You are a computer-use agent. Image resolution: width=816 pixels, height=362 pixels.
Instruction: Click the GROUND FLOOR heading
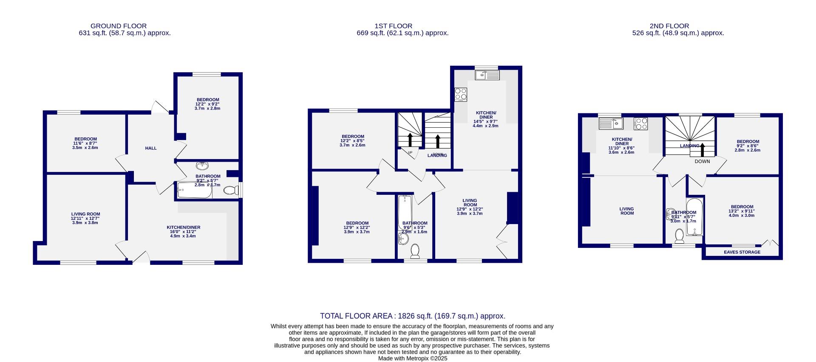(119, 26)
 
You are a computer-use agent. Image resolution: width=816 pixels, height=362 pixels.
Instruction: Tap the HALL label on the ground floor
(151, 148)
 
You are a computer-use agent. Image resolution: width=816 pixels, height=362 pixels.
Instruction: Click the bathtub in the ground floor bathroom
(195, 191)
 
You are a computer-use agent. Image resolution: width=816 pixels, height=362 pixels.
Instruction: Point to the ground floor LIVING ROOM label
(85, 214)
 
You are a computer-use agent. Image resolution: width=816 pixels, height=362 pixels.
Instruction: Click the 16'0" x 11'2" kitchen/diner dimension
(183, 232)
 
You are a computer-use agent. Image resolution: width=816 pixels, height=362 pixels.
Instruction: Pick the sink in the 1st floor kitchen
(487, 75)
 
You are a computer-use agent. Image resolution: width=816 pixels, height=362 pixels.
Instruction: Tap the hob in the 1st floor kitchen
(461, 94)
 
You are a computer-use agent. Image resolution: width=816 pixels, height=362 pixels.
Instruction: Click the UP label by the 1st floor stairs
(410, 153)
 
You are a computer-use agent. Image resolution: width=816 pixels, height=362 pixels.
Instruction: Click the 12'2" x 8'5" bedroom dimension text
(352, 141)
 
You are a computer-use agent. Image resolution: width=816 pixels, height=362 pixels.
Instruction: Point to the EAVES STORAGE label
(742, 252)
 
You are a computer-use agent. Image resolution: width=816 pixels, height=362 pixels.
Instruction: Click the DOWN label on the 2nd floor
(702, 161)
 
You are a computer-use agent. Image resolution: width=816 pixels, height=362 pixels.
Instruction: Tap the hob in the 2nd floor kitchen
(641, 123)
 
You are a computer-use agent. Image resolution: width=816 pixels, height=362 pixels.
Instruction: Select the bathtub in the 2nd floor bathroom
(694, 216)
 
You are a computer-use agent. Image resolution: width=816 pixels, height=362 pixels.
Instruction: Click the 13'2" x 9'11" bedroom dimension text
(742, 211)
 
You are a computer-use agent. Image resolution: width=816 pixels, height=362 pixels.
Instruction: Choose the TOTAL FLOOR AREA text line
(412, 316)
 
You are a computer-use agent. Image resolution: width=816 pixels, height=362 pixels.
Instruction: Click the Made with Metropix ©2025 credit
(413, 358)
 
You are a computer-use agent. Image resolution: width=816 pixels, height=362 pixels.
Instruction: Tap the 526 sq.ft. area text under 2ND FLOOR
(678, 33)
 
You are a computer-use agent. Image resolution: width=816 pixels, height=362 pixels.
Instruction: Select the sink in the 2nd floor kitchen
(610, 123)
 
